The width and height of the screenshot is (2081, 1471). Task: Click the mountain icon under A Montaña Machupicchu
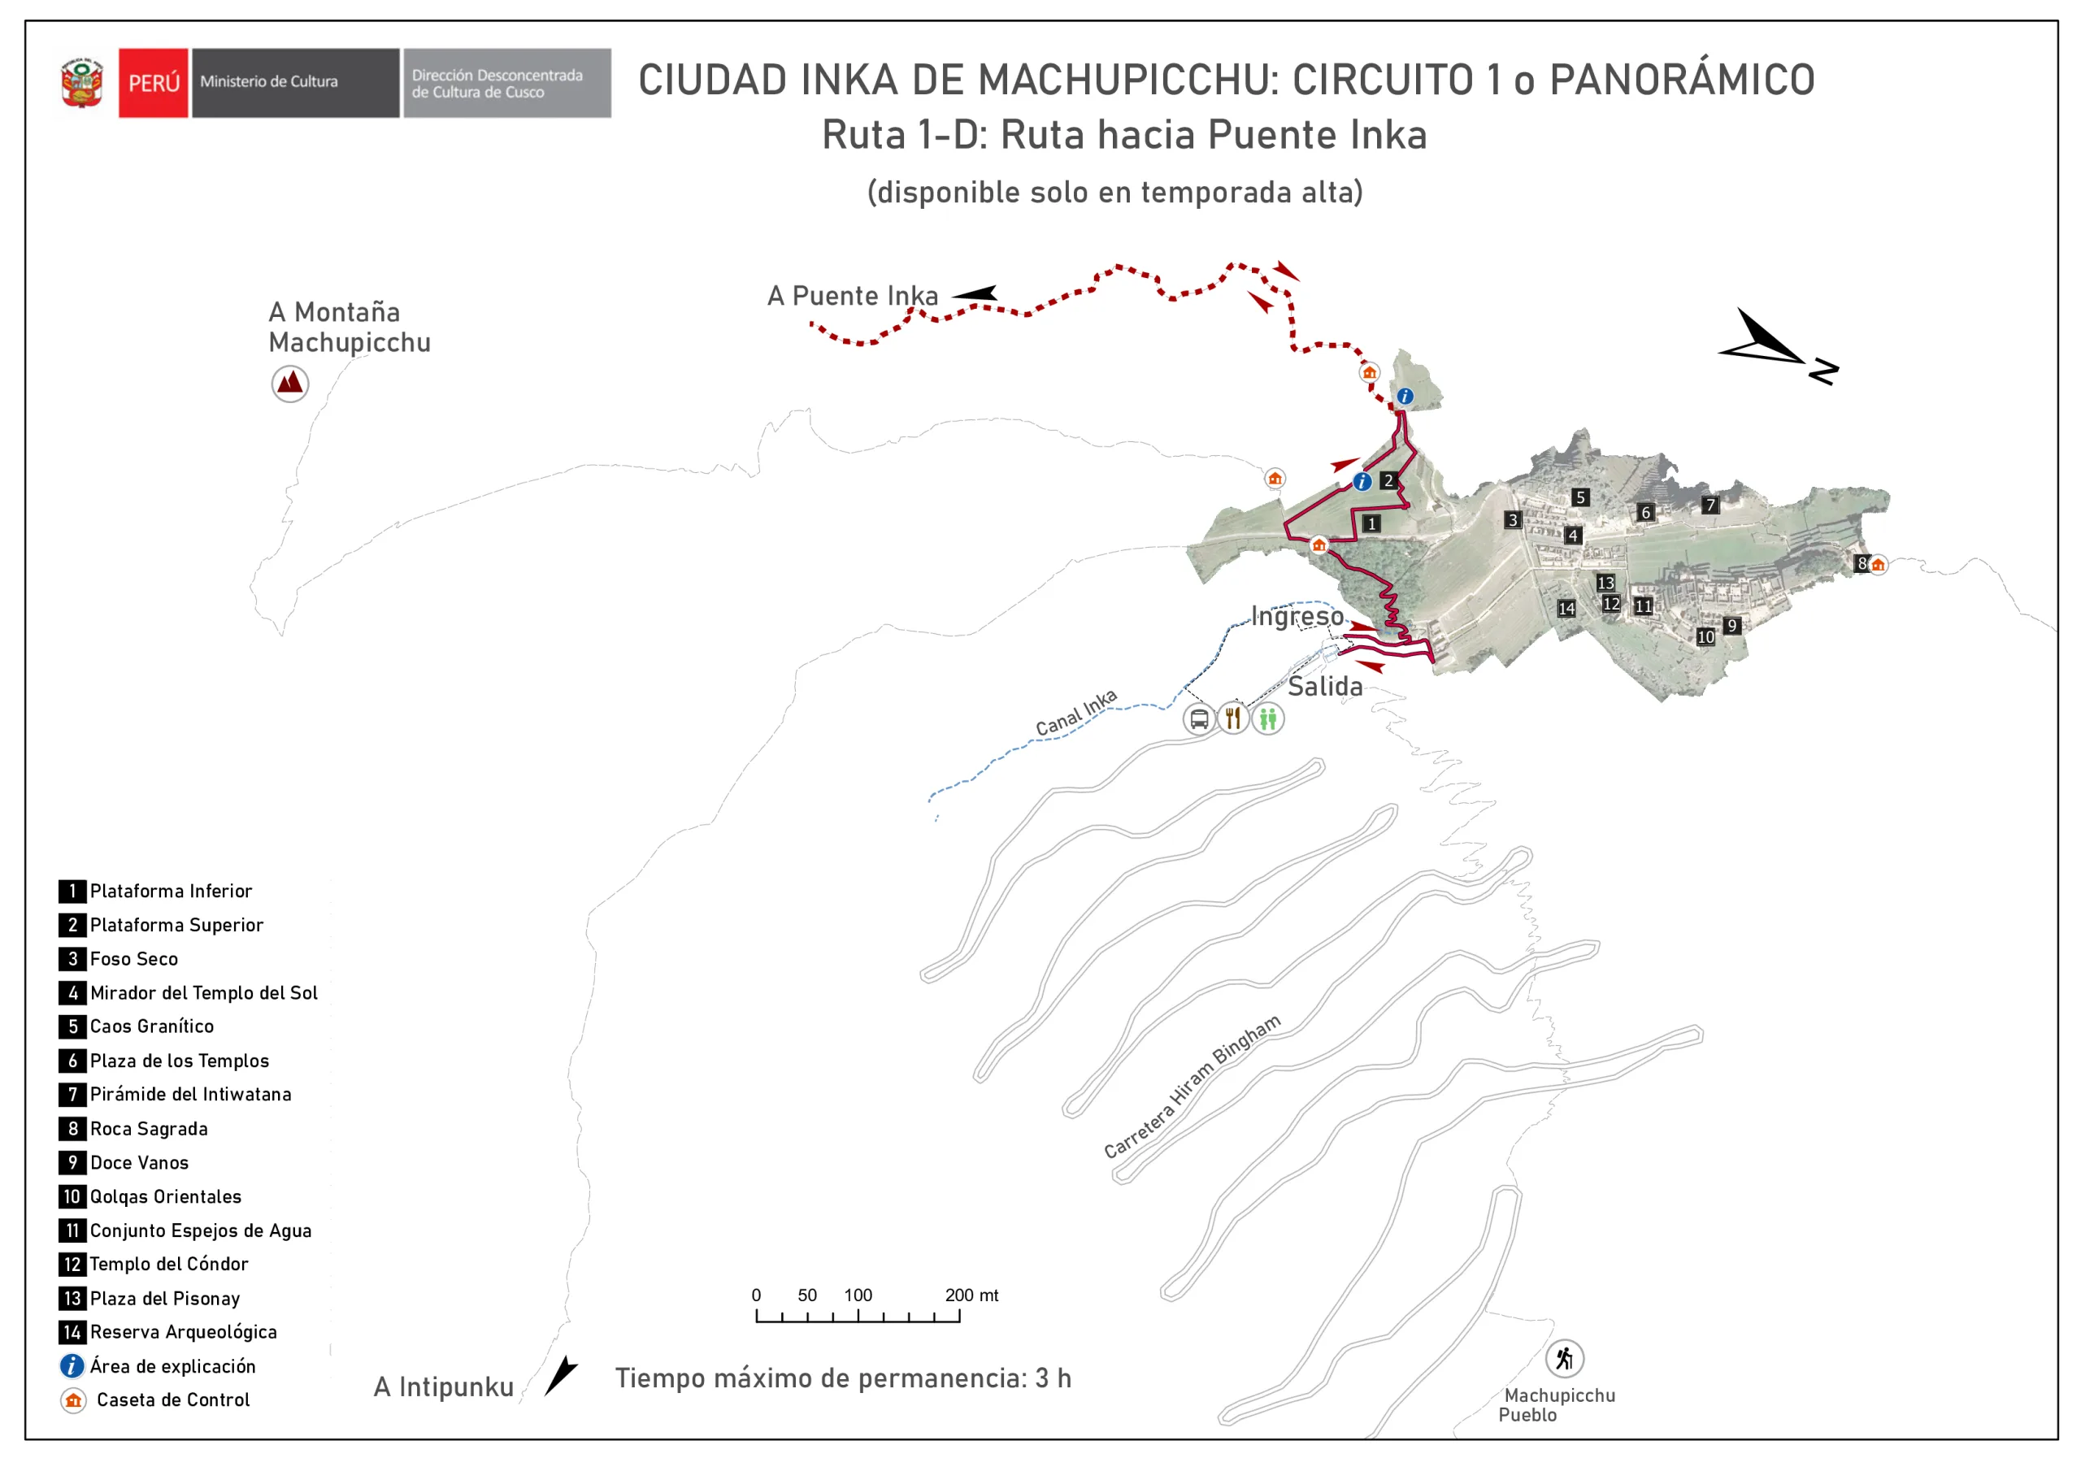290,384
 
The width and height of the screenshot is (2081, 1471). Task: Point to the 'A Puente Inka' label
852,296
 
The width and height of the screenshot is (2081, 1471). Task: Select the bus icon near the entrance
1198,718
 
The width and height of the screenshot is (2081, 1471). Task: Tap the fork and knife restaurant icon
1232,718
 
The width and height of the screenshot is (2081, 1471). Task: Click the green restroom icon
1268,718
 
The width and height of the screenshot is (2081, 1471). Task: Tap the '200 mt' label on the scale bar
971,1295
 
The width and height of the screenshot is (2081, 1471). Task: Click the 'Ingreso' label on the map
1297,616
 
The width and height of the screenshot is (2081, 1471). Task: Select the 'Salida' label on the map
1325,686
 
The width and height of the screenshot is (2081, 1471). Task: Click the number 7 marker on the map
1710,505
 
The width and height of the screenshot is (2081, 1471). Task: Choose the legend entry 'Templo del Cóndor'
168,1264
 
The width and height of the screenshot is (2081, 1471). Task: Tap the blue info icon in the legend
72,1366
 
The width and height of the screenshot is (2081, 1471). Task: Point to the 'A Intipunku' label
443,1386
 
